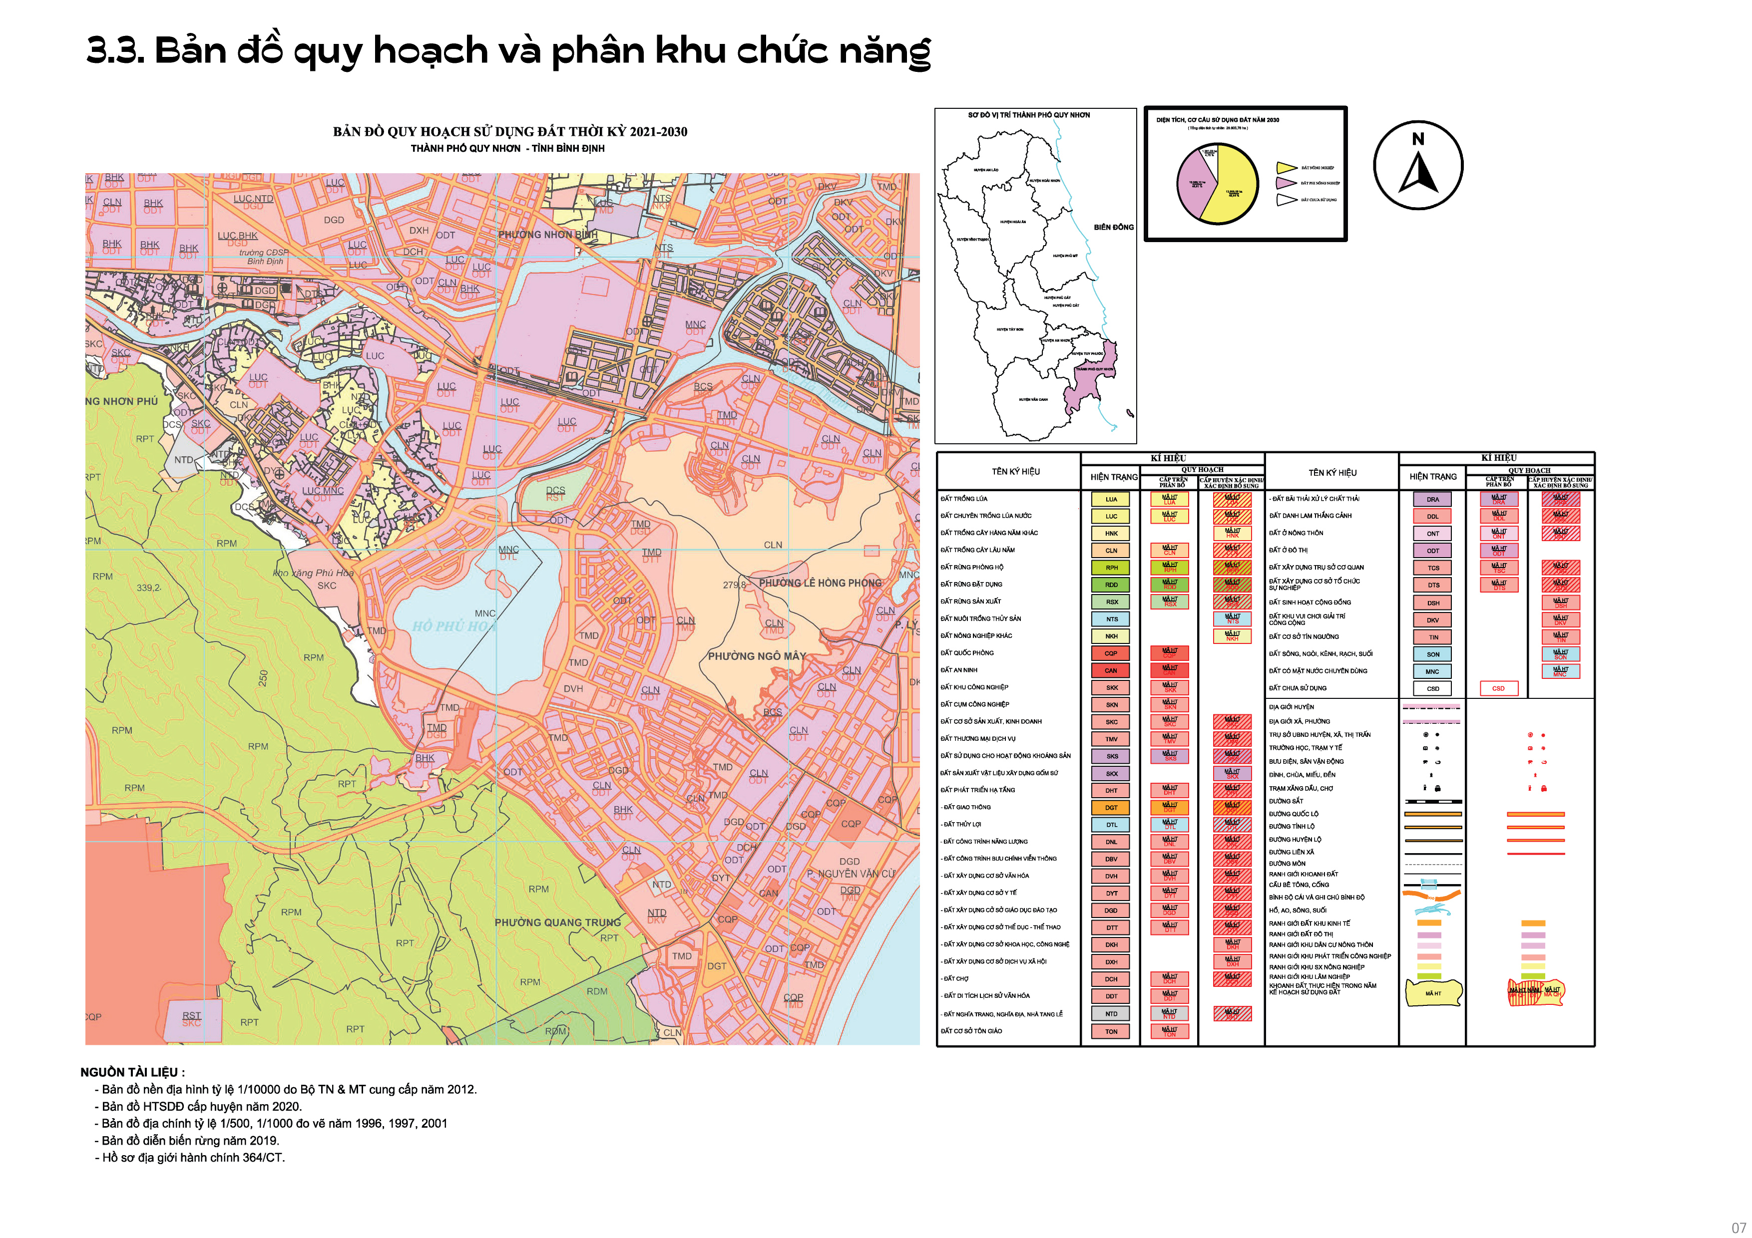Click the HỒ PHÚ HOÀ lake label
click(455, 626)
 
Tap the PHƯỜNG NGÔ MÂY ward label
click(756, 656)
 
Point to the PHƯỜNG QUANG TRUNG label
click(558, 922)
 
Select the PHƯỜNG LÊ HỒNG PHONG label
click(820, 583)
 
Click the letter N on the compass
click(1418, 139)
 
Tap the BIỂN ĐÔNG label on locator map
click(1113, 227)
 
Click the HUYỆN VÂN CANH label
click(1033, 399)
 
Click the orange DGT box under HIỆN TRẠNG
click(1111, 807)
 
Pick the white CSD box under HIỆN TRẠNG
click(1432, 688)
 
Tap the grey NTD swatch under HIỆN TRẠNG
click(1111, 1014)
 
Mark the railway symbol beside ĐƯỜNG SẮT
click(1433, 802)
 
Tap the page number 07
click(1738, 1228)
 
